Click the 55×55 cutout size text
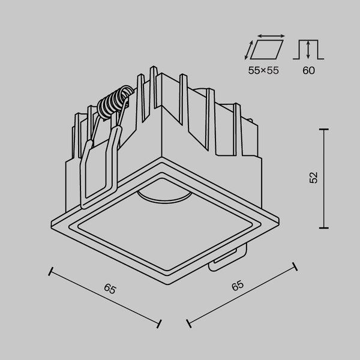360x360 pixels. (x=264, y=70)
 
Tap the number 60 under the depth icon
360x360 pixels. (x=308, y=70)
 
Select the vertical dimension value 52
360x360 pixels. (x=313, y=178)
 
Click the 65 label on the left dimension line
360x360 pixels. (x=109, y=289)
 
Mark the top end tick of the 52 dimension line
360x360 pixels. (x=325, y=128)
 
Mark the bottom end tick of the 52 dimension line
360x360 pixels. (x=325, y=228)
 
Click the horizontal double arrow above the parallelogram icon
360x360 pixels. (x=265, y=35)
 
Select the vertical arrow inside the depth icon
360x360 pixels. (x=308, y=49)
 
